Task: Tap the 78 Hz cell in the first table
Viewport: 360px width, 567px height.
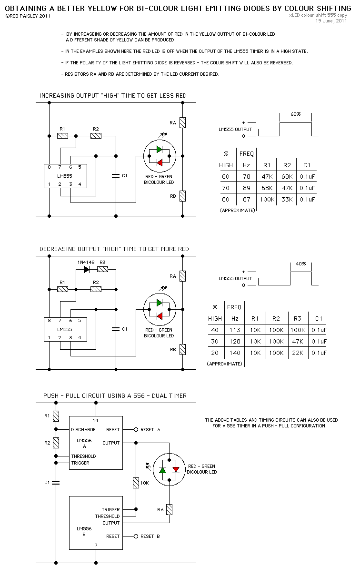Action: tap(246, 177)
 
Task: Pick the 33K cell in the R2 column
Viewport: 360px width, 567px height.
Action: tap(286, 200)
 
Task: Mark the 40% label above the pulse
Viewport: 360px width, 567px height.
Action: tap(300, 263)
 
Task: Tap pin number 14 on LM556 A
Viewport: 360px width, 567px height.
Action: tap(96, 421)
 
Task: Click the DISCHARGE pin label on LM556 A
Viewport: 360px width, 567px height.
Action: tap(83, 430)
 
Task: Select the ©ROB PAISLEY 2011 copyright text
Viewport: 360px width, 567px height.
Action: tap(27, 16)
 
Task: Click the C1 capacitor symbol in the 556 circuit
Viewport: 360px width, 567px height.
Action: tap(56, 483)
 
